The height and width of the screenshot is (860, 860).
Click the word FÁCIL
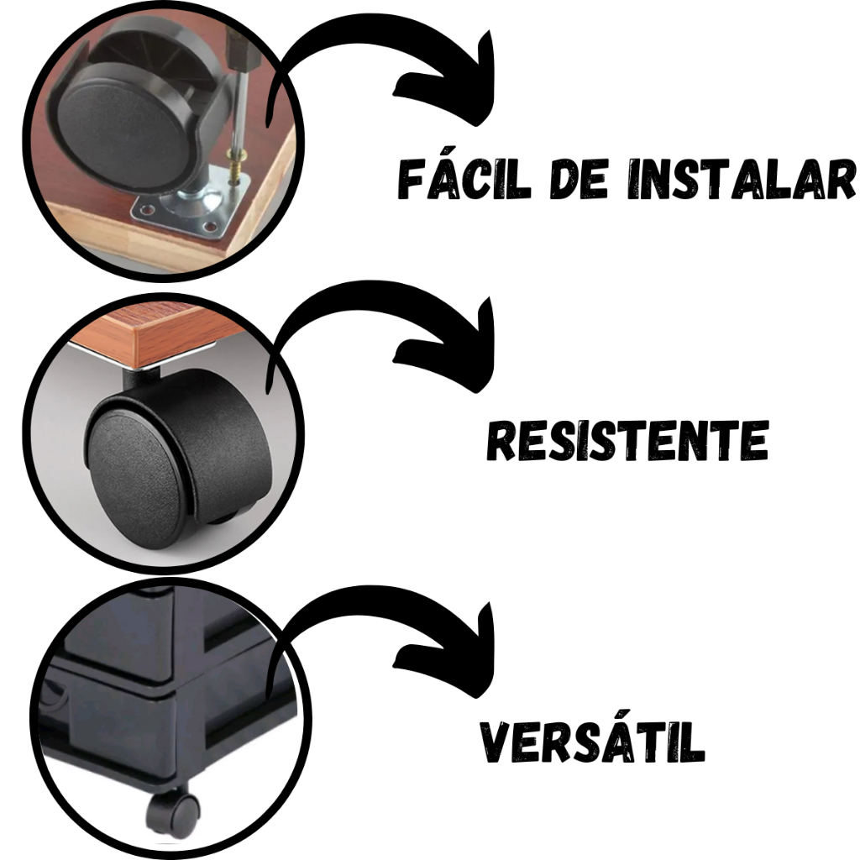[x=464, y=178]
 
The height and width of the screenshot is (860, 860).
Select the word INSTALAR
[x=741, y=179]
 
